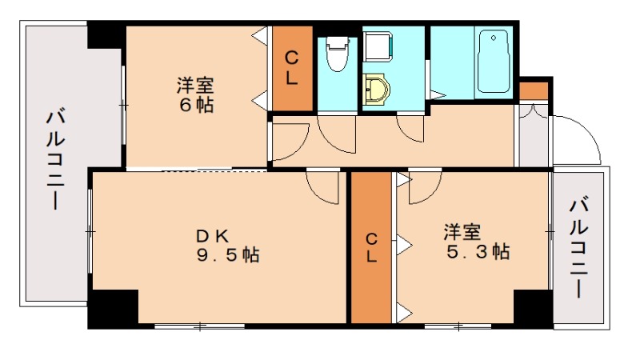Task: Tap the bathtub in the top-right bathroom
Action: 494,62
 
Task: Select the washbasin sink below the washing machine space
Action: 374,90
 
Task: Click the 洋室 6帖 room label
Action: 196,94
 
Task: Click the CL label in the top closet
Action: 293,69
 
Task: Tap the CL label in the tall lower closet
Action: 372,247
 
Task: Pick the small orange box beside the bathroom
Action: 534,90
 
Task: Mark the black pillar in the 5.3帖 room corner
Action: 533,309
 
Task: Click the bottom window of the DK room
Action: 199,326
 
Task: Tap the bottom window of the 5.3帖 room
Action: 458,326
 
